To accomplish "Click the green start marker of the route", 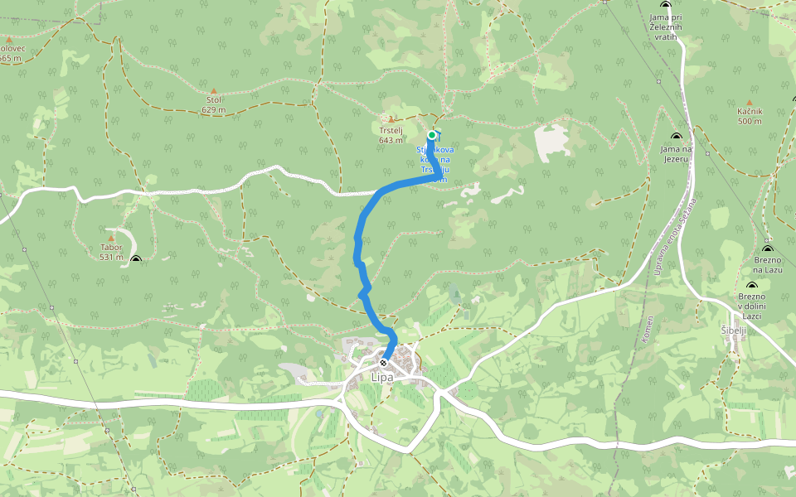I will (x=432, y=135).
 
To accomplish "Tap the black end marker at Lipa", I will (x=383, y=363).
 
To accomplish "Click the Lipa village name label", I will (x=382, y=378).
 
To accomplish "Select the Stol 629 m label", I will (x=213, y=104).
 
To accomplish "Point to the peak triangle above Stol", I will (x=213, y=91).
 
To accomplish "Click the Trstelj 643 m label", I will (x=391, y=134).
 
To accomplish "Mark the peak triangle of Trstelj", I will (x=391, y=119).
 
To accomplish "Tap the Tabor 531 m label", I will (x=111, y=252).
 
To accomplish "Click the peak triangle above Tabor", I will (x=111, y=239).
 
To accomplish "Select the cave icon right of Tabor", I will (x=136, y=259).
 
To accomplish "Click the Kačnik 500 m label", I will (x=749, y=116).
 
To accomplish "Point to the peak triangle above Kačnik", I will (x=749, y=103).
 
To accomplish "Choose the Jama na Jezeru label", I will (x=676, y=153).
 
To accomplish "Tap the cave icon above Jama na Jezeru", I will (x=676, y=137).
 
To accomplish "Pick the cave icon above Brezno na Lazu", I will (x=767, y=248).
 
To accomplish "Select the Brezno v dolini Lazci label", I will (x=752, y=306).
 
